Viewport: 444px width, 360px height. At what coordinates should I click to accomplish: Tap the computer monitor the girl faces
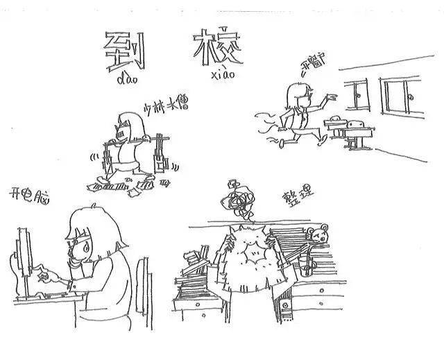click(x=26, y=257)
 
